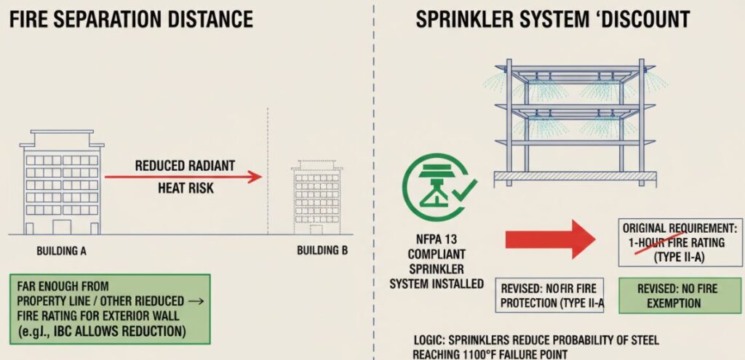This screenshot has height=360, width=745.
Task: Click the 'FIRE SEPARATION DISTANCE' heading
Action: coord(132,18)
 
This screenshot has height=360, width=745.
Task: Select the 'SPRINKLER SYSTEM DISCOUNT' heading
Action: coord(553,18)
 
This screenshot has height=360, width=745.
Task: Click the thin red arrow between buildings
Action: coord(183,177)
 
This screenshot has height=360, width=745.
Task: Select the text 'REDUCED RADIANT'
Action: coord(185,166)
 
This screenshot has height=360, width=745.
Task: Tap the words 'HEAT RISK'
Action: coord(185,188)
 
